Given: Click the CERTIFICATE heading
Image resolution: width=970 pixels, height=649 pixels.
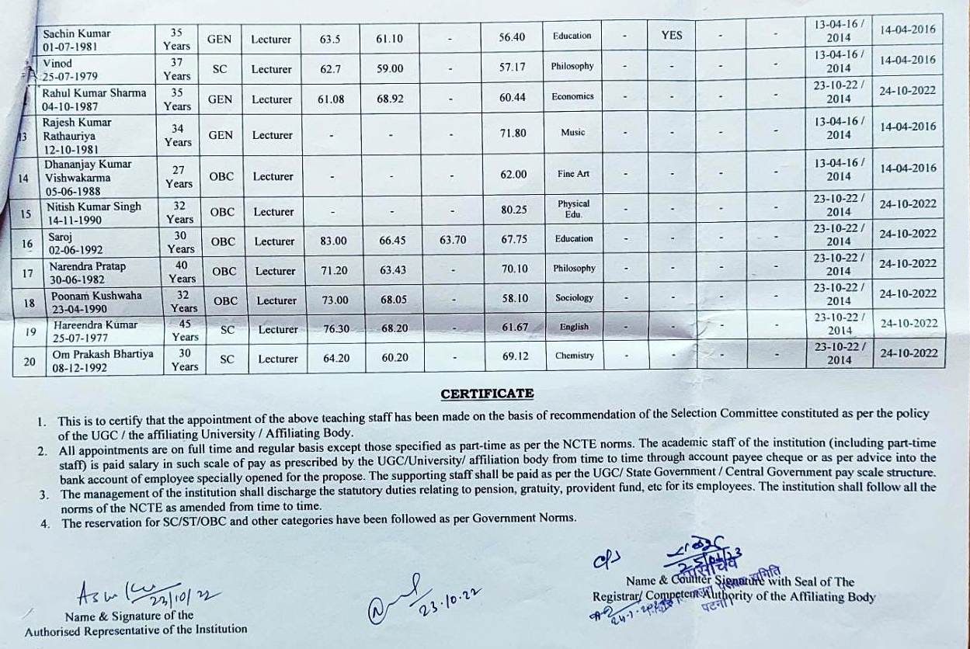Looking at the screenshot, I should (487, 394).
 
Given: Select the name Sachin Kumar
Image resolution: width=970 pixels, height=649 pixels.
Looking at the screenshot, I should (76, 33).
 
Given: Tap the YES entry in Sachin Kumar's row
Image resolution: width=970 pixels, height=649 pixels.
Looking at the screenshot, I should (672, 35).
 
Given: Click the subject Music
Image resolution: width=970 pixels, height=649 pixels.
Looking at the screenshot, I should (573, 133).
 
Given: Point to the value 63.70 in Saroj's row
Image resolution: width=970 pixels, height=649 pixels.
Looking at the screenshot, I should (453, 240).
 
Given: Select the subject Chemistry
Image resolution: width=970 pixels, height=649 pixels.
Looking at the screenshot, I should (575, 356).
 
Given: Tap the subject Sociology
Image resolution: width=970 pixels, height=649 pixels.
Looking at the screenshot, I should (574, 297).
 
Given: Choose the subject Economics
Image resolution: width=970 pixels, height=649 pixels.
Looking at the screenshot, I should (573, 96).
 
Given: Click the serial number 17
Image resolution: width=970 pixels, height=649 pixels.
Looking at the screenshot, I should (28, 273).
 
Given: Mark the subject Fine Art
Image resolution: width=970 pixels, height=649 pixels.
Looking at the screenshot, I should (573, 174).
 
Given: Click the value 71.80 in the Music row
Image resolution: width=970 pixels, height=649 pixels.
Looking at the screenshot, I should (513, 134).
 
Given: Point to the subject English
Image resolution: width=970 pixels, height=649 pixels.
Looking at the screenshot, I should (574, 327).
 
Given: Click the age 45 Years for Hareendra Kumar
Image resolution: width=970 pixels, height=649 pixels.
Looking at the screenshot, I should (185, 330).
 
